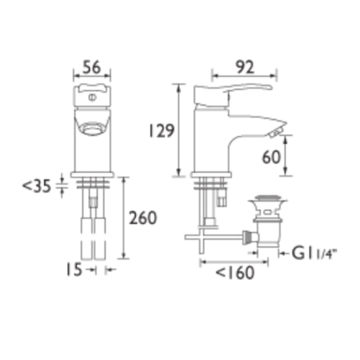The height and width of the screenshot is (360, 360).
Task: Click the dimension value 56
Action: pos(91,68)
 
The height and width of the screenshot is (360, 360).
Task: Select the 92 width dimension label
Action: pos(244,68)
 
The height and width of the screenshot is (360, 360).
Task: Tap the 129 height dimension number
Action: pos(161,131)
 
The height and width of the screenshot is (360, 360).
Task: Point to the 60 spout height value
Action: pos(271,158)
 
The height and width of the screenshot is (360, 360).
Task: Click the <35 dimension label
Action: pos(37,186)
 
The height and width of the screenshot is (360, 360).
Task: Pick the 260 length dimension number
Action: pos(143,218)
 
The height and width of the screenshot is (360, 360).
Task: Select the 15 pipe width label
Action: pos(74,270)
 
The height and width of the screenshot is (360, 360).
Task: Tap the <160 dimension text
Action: pos(235,273)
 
